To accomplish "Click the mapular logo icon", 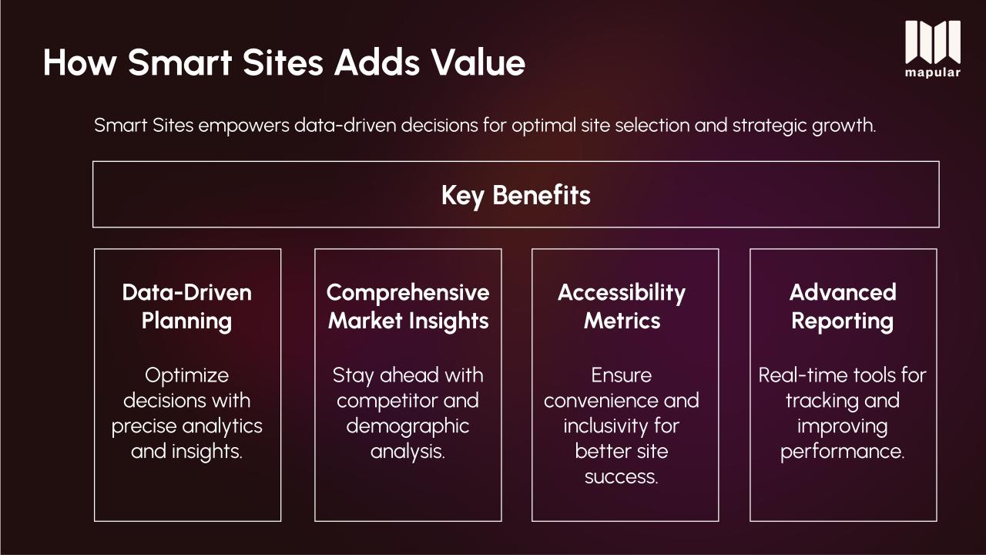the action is click(933, 42).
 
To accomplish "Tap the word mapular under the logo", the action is click(933, 72).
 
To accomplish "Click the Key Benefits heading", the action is click(516, 196).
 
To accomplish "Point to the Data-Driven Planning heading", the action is click(187, 307).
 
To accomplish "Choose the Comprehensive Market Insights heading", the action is click(408, 307).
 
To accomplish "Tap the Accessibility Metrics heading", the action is click(622, 307).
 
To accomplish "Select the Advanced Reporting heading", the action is click(843, 307).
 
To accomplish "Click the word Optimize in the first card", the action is click(187, 375).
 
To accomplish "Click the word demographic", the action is click(407, 427).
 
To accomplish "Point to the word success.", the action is click(622, 477).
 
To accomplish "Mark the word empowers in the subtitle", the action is click(244, 126).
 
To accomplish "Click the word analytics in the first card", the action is click(223, 427).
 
